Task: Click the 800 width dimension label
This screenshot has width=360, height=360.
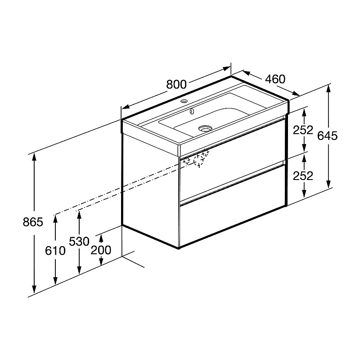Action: (x=176, y=84)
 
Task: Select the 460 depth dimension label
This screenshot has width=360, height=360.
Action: (x=275, y=79)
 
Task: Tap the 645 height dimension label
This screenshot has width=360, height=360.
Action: (x=328, y=136)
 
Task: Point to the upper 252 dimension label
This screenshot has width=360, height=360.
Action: (x=303, y=130)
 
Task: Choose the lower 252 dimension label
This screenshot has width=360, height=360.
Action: (x=303, y=176)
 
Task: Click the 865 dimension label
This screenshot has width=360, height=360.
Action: (x=33, y=222)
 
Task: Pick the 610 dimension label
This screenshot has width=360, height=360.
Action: (x=55, y=251)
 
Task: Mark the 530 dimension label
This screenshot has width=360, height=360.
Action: (x=79, y=241)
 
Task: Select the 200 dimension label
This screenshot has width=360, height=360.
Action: (x=101, y=250)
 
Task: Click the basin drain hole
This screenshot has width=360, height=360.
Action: (x=205, y=128)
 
